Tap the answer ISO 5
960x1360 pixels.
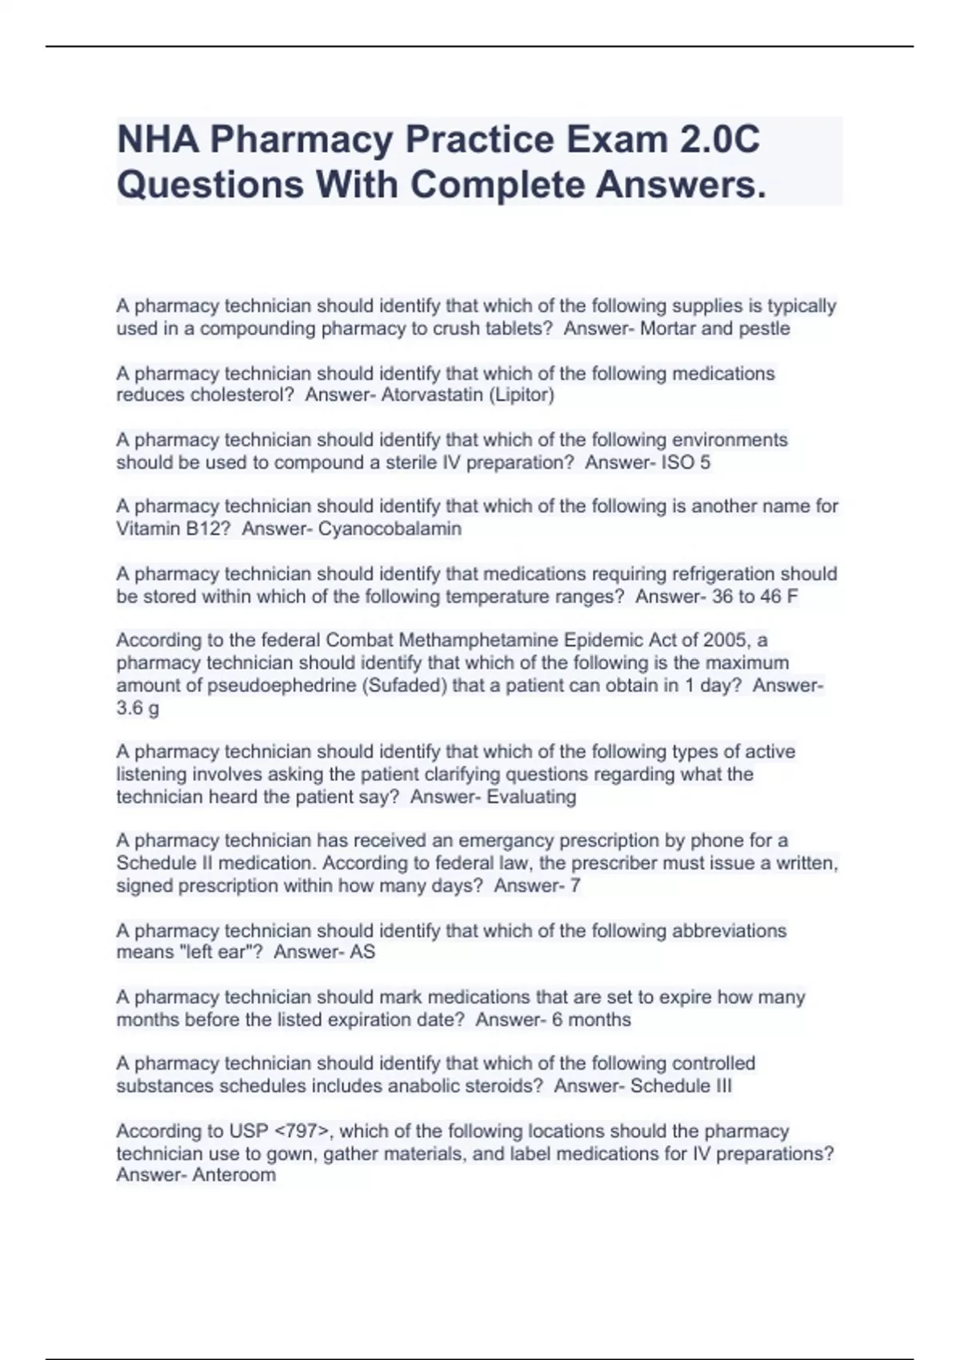point(686,462)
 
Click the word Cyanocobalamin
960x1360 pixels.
point(390,529)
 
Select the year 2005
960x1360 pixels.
point(724,640)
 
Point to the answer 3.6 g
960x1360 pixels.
point(138,708)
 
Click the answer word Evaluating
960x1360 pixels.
point(531,797)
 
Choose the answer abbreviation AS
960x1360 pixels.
point(362,952)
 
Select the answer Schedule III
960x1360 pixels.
point(681,1086)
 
